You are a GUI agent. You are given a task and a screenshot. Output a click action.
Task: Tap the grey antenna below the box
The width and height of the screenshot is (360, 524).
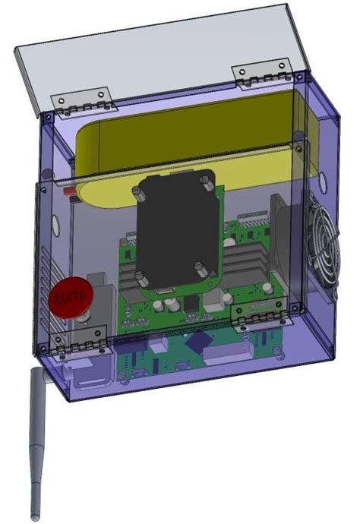pos(34,440)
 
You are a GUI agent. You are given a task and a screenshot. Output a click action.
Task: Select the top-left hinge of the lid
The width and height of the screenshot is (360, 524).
pos(80,103)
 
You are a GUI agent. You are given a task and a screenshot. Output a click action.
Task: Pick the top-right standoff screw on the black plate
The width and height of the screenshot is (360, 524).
pos(205,182)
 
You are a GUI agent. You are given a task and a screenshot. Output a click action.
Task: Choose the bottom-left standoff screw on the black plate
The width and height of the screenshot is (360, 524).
pos(141,278)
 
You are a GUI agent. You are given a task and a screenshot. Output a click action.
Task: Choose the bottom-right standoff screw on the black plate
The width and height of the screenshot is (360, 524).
pos(197,267)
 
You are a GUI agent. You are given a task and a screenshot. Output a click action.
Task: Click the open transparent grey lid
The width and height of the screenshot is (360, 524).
pos(152,53)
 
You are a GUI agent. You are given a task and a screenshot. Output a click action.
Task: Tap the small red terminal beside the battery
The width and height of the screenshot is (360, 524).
pos(70,194)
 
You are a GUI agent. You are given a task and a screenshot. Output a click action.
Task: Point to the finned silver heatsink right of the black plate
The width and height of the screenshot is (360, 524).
pos(247,262)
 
